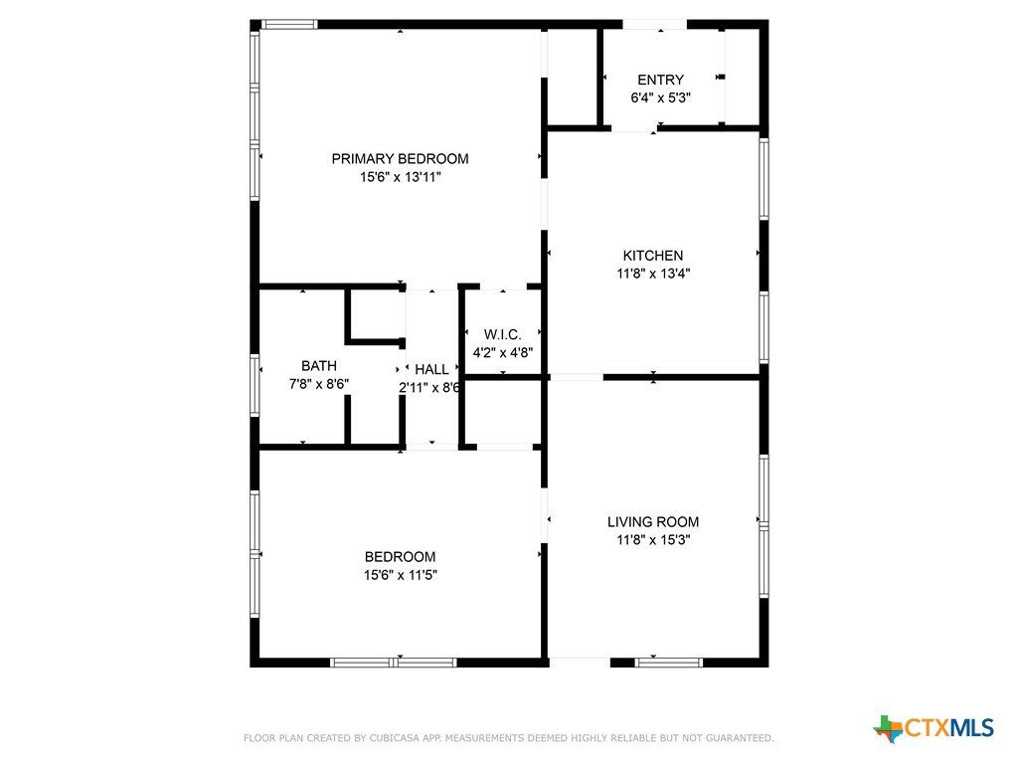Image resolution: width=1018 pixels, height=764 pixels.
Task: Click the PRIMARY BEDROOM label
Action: click(400, 158)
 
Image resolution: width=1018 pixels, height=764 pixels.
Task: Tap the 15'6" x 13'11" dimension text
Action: click(400, 177)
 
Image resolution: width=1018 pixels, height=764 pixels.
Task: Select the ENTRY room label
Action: click(660, 80)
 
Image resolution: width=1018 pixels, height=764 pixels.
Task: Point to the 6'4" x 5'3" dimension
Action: click(660, 98)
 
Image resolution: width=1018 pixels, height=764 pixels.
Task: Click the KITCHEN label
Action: click(653, 256)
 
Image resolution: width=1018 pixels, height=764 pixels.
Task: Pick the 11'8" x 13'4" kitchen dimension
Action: click(653, 274)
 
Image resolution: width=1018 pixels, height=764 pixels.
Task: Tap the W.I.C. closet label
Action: click(502, 334)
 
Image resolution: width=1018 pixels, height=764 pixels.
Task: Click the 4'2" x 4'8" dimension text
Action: click(502, 353)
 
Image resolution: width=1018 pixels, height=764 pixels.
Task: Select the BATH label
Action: click(319, 366)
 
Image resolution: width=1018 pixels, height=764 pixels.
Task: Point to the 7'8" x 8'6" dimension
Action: click(319, 384)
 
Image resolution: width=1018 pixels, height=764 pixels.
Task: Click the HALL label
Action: click(431, 370)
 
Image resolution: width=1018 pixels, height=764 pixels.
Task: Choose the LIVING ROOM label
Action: click(653, 521)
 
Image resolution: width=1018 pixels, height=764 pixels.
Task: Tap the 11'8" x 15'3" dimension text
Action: click(653, 540)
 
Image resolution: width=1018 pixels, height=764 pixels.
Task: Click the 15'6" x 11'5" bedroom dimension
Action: click(400, 575)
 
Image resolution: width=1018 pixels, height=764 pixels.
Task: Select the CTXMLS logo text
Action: click(949, 727)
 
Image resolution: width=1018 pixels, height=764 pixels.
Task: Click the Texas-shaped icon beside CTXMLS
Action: click(888, 729)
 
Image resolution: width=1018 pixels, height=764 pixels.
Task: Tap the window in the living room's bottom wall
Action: click(669, 663)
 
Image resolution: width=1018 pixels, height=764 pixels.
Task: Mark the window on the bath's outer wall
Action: click(255, 385)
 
